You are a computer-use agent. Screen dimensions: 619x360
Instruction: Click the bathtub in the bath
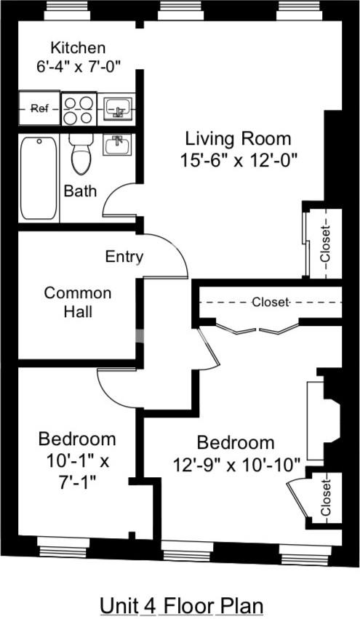pos(39,178)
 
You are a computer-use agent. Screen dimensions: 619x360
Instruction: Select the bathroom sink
pos(116,145)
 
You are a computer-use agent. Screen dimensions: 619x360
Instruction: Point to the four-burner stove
pos(78,109)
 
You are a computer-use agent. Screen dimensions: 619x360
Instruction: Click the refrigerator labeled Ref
pos(39,109)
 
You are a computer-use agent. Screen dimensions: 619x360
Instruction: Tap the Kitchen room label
pos(78,48)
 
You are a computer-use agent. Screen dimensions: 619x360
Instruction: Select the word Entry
pos(124,257)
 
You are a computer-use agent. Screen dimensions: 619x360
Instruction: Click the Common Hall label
pos(78,303)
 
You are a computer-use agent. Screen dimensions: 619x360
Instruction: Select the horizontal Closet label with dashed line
pos(271,302)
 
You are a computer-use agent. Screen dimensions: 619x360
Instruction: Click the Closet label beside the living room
pos(324,244)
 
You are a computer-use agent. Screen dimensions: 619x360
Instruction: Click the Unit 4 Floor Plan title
pos(180,605)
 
